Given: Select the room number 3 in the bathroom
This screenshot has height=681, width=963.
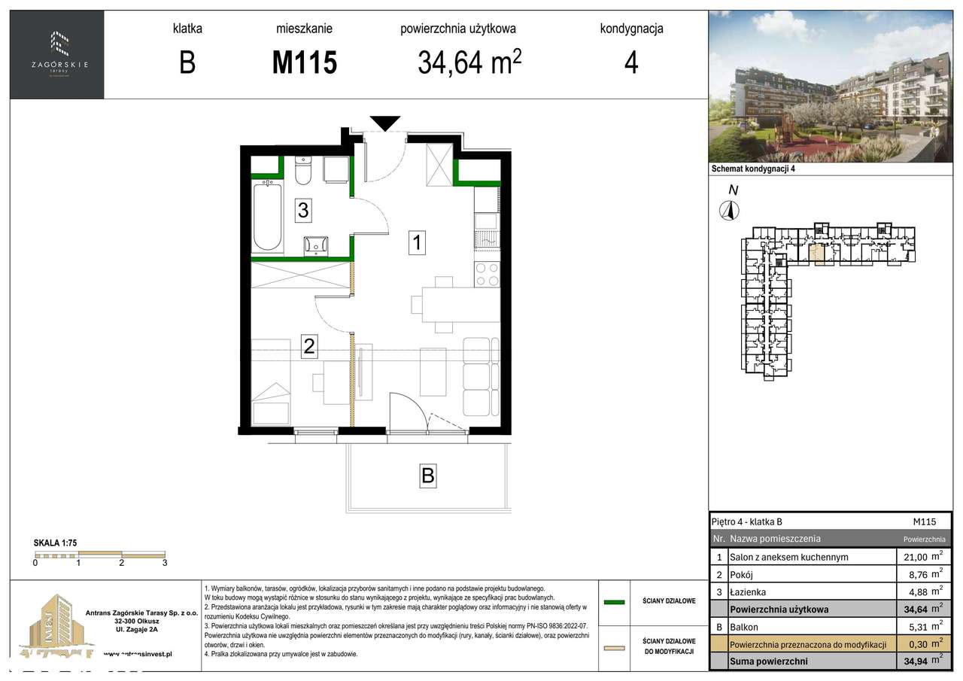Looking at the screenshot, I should point(302,211).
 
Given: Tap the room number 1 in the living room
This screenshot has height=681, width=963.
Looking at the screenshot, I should point(418,242).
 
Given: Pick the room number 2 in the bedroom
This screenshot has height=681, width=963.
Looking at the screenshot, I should point(308,347).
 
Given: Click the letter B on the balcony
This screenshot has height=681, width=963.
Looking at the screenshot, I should point(427,476).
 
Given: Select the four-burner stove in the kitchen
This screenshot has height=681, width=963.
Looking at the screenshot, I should point(487,274).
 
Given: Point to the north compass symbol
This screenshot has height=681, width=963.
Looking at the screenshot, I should point(728,211).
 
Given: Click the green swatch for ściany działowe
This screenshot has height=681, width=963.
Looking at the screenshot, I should point(615,602).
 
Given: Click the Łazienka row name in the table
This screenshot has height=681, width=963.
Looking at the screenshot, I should point(748,592).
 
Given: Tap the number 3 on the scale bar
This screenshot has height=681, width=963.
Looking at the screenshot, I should point(164,562).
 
